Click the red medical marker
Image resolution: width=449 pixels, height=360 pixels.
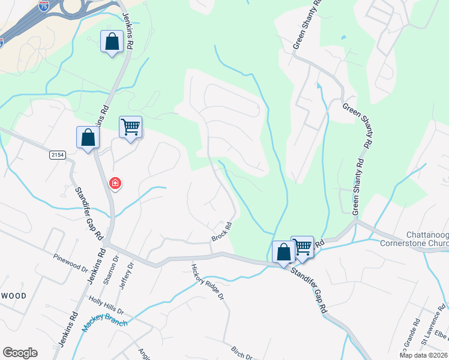coord(114,183)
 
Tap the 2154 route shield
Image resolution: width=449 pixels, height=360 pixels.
coord(57,155)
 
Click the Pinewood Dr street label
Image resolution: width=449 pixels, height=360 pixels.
coord(70,258)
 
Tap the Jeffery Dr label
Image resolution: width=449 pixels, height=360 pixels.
coord(125,276)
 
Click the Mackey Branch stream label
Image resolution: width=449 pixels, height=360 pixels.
coord(105,323)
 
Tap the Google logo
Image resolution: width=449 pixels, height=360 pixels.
coord(20,353)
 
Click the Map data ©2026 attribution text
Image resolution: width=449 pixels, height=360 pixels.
coord(424,355)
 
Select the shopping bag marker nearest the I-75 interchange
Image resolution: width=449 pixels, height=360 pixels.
coord(112,41)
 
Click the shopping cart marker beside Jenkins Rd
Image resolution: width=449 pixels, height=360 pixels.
coord(130,127)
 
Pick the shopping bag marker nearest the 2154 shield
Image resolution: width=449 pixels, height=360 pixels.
coord(88,137)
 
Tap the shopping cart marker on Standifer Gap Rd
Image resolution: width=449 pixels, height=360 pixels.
coord(303,246)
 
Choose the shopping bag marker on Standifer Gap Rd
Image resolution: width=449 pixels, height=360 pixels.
coord(283,252)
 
